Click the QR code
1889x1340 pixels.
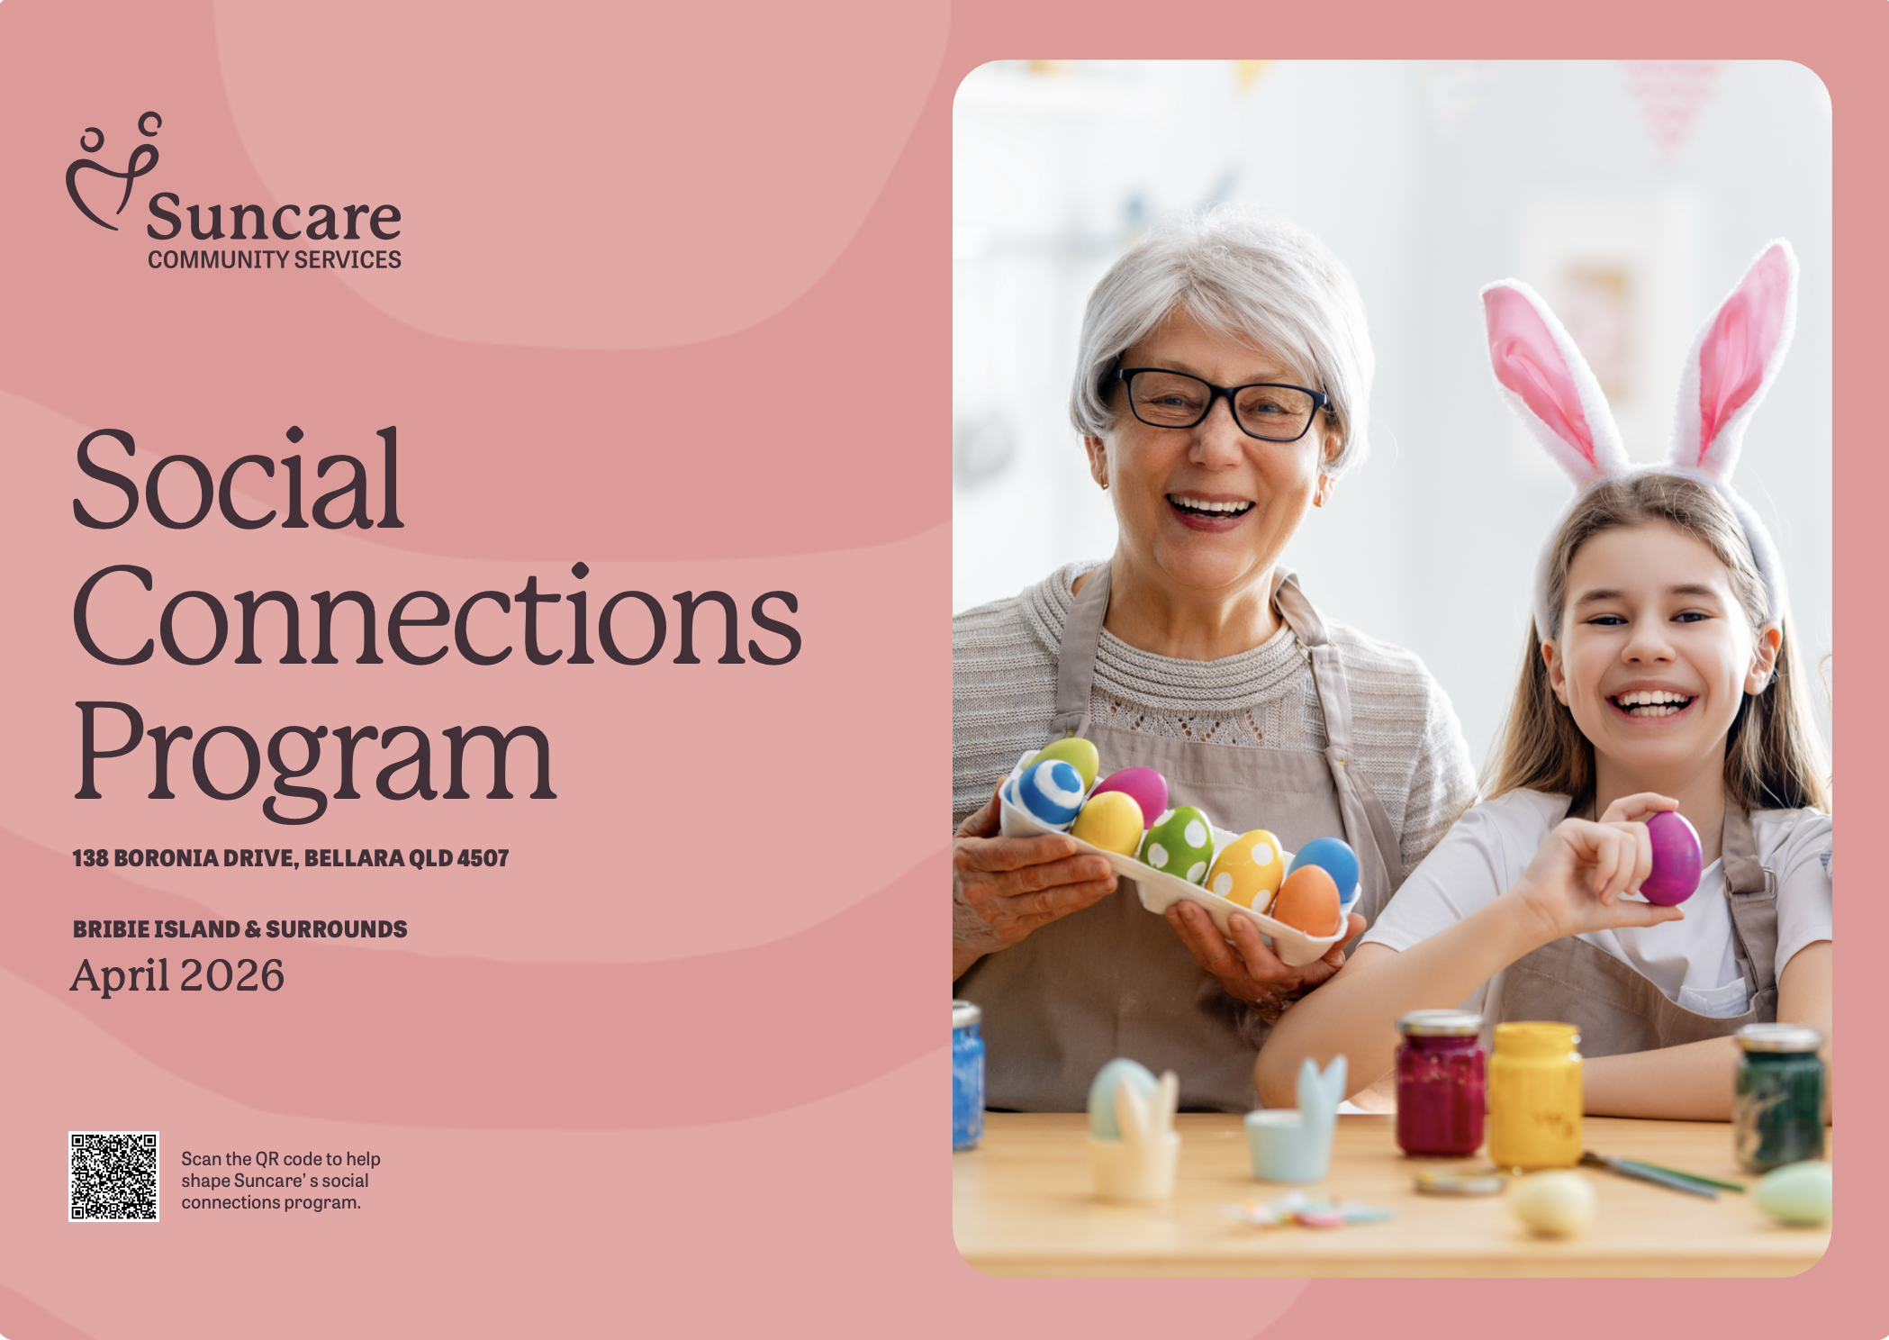pos(113,1176)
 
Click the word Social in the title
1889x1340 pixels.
pos(238,479)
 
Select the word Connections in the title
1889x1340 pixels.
pos(437,616)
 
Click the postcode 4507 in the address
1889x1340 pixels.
pos(483,858)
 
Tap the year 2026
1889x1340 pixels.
pos(232,975)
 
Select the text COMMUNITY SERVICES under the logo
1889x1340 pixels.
pos(275,259)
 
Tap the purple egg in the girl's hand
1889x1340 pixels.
pos(1670,857)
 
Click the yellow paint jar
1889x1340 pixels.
pos(1534,1094)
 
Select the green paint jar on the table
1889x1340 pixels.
pos(1779,1098)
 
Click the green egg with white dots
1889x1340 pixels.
pos(1177,844)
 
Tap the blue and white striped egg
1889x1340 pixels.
pos(1051,792)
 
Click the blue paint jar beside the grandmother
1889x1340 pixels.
pos(968,1075)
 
